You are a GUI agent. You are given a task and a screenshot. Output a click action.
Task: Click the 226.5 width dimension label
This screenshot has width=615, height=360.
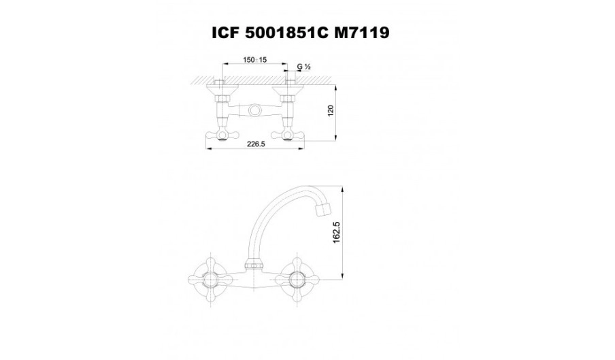point(256,144)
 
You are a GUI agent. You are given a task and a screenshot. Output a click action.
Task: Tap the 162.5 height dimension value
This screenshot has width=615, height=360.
point(337,233)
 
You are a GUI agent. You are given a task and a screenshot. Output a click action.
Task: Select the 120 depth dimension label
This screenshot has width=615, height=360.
point(330,111)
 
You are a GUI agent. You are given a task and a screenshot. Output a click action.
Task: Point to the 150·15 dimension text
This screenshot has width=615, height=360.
point(254,60)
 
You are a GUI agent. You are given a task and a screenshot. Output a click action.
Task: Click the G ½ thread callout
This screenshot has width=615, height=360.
point(303,67)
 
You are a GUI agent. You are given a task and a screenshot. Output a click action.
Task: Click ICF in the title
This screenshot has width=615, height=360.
point(225,33)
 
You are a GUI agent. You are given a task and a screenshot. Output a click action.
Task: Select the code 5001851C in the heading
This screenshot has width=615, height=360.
point(286,33)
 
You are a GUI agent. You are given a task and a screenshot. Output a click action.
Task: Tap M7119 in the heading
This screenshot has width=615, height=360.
point(362,33)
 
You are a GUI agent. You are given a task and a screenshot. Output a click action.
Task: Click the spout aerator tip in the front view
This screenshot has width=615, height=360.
point(323,209)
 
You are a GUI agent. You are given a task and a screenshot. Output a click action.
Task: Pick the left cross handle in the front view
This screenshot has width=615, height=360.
point(212,280)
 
